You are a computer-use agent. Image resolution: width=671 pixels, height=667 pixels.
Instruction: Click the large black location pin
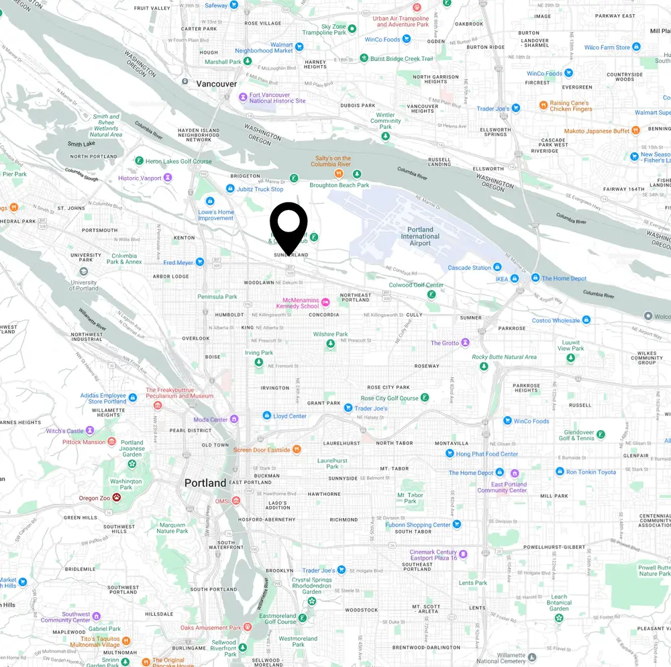pyautogui.click(x=289, y=225)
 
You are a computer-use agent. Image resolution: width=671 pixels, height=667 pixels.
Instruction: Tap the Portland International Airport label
pyautogui.click(x=420, y=236)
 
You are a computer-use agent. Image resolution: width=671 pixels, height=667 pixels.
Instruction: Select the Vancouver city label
pyautogui.click(x=217, y=84)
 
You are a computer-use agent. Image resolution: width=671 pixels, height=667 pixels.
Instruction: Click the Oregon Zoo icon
pyautogui.click(x=117, y=498)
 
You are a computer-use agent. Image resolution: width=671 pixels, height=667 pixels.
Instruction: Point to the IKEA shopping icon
pyautogui.click(x=514, y=278)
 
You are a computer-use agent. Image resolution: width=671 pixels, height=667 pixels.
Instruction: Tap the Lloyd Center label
pyautogui.click(x=290, y=416)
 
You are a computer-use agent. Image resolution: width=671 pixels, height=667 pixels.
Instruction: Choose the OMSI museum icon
pyautogui.click(x=237, y=501)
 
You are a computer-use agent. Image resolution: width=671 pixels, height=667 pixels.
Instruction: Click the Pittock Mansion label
pyautogui.click(x=84, y=442)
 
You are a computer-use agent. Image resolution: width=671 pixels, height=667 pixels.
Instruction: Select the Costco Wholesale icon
pyautogui.click(x=586, y=320)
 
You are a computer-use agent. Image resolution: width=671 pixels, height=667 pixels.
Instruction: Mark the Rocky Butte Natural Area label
pyautogui.click(x=504, y=357)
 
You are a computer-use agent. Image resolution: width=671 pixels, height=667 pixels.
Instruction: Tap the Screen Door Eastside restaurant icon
pyautogui.click(x=297, y=450)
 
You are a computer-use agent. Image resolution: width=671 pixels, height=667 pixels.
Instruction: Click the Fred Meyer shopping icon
pyautogui.click(x=199, y=262)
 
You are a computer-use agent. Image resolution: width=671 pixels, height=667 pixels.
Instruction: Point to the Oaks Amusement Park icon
pyautogui.click(x=248, y=627)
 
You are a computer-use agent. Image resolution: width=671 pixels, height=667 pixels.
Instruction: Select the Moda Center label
pyautogui.click(x=210, y=419)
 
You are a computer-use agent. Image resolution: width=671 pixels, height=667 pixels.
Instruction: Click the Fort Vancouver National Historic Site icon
pyautogui.click(x=243, y=97)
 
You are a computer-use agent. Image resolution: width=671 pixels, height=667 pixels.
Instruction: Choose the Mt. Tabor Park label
pyautogui.click(x=411, y=498)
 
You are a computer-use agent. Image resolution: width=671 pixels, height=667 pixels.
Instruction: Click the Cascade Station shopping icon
pyautogui.click(x=497, y=268)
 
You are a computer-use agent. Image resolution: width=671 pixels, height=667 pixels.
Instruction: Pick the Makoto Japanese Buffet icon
pyautogui.click(x=636, y=131)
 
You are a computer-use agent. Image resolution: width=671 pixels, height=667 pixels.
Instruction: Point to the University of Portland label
pyautogui.click(x=83, y=286)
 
